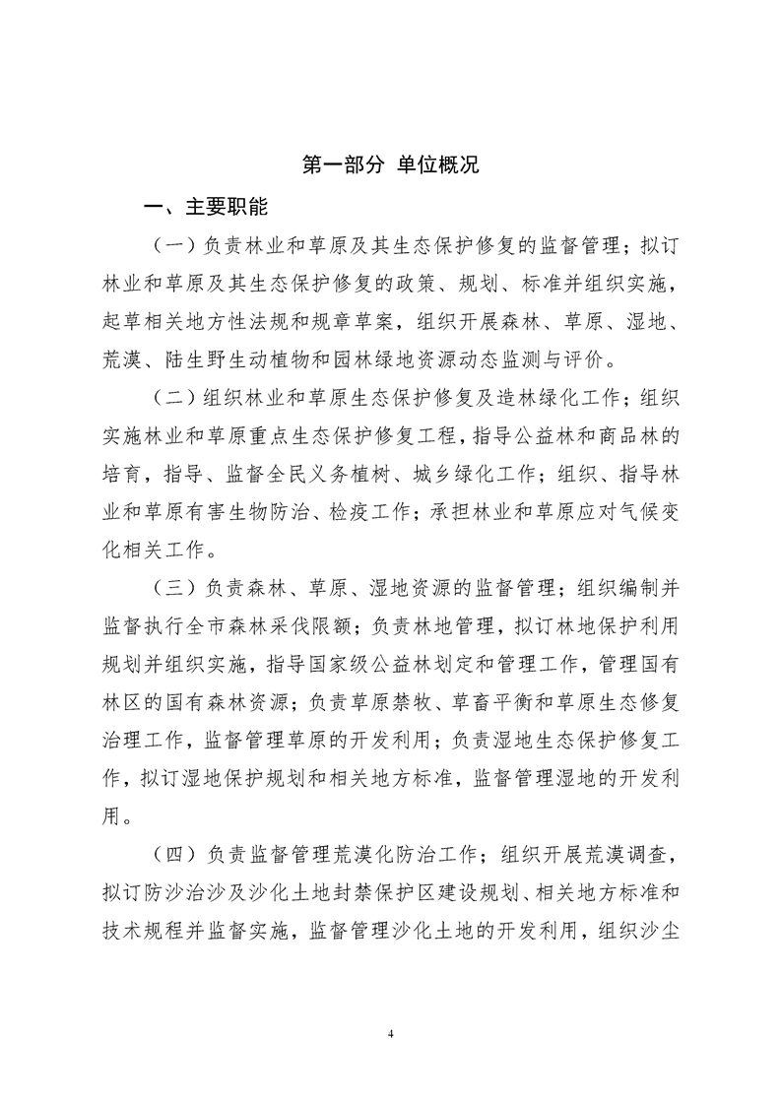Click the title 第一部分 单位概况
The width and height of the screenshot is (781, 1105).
(x=390, y=165)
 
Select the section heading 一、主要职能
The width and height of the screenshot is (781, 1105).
(x=205, y=208)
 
